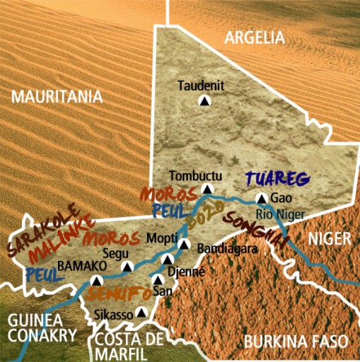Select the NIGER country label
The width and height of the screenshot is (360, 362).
pos(330,239)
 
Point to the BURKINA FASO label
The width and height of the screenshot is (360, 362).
pos(295,342)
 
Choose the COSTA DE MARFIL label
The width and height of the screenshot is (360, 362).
pos(129,344)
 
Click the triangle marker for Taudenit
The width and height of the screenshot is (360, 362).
pos(205,101)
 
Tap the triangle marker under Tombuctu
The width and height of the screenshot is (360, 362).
pos(207,189)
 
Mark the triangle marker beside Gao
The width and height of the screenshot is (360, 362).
pos(261,199)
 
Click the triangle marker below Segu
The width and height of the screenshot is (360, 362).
pos(128,267)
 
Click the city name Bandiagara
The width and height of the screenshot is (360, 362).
pos(221,249)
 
